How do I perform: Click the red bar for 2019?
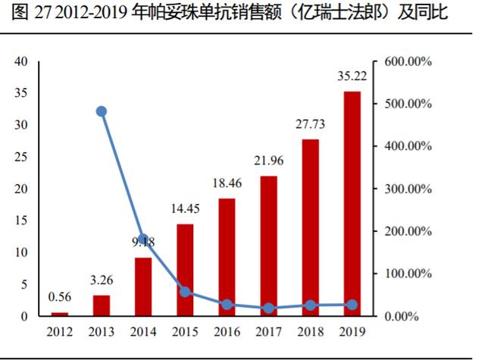coord(352,203)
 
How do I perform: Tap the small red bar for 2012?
coord(60,313)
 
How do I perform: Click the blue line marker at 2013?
coord(102,111)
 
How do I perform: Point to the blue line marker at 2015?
coord(186,292)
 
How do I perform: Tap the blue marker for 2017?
coord(269,308)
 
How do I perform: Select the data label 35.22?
coord(352,76)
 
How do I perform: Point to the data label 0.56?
coord(60,297)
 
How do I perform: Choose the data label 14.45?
coord(186,209)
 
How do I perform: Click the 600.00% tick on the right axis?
coord(408,61)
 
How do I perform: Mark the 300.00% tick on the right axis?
coord(408,189)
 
